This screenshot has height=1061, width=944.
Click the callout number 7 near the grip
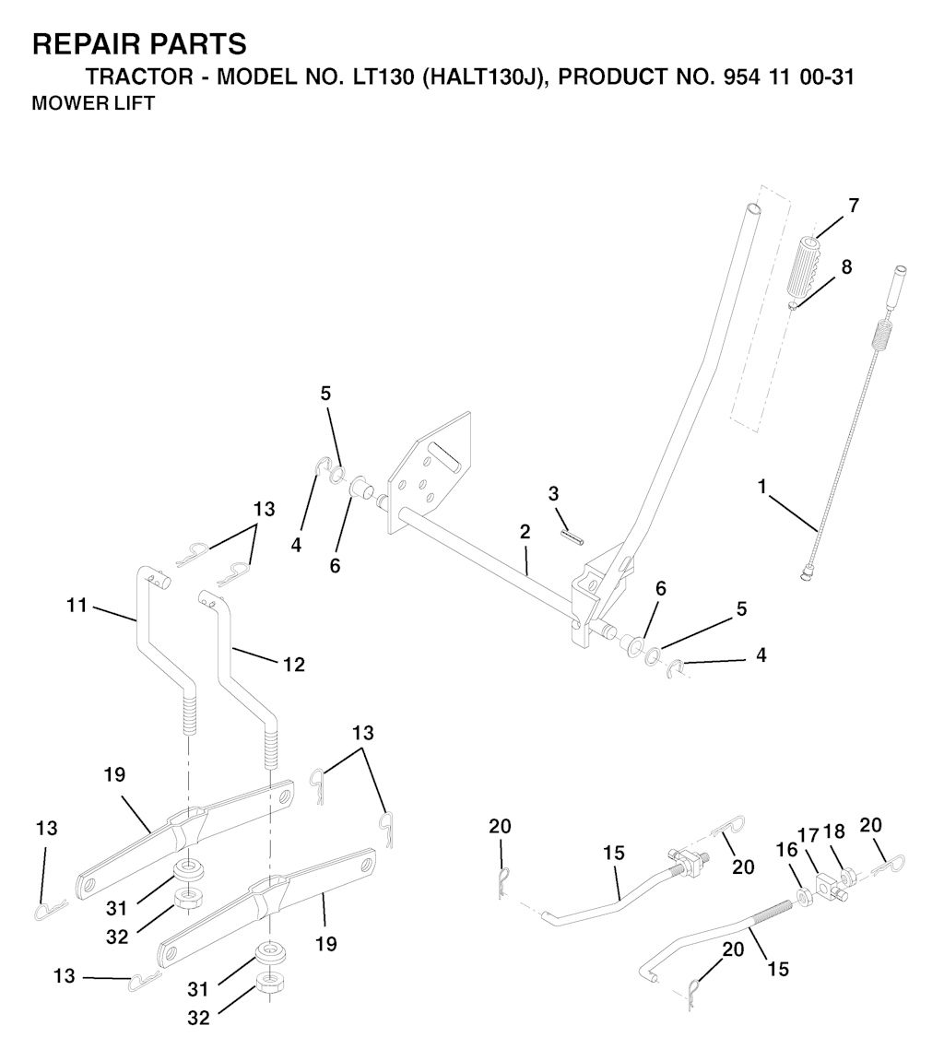[x=854, y=205]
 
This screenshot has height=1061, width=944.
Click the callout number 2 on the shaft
[x=525, y=532]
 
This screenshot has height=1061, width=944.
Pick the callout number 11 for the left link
[x=77, y=605]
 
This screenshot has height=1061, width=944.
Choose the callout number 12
[x=294, y=665]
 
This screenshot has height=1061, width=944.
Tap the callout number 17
[x=808, y=835]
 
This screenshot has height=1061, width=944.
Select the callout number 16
[x=787, y=849]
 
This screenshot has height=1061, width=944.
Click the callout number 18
[x=834, y=831]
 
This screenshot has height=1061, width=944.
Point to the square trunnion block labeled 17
[x=828, y=887]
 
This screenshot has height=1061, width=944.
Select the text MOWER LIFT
[x=93, y=103]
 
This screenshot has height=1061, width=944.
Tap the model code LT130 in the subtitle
[x=382, y=77]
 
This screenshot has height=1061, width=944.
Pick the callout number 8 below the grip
[x=846, y=267]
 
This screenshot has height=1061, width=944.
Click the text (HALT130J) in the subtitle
[x=481, y=77]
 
